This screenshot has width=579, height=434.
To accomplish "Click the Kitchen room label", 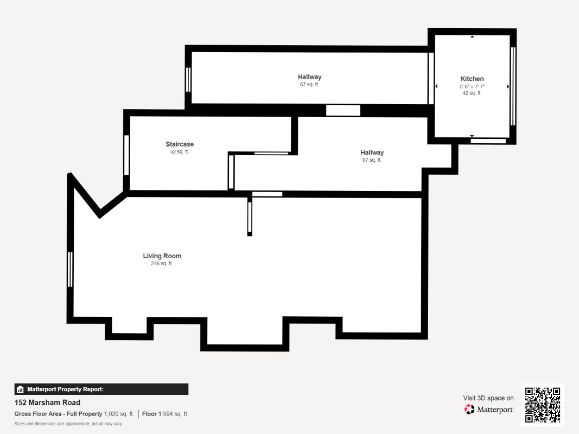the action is tap(472, 79).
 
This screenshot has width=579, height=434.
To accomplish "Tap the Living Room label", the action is tap(162, 256).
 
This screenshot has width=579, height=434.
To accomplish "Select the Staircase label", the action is tap(180, 144).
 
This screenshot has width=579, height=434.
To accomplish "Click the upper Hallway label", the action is tap(309, 76).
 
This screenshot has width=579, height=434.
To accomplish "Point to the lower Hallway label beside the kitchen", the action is tap(372, 152).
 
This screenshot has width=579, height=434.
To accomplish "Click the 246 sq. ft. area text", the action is tap(162, 264).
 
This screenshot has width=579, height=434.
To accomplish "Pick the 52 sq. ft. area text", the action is tap(180, 152).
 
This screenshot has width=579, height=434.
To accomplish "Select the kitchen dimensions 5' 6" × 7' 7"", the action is tap(472, 86).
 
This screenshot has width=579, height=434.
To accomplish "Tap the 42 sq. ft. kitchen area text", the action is tap(472, 93).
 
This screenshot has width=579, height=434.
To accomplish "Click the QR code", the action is tap(543, 405).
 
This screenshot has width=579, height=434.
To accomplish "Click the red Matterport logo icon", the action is tap(469, 409).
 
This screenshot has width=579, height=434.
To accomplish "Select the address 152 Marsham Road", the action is tap(47, 402).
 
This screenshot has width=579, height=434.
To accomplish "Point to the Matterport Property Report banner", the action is tap(101, 389).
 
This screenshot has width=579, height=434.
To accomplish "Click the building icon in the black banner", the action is tap(20, 389).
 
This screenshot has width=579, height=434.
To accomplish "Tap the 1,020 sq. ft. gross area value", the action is tap(119, 414).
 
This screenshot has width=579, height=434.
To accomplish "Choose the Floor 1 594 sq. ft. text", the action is tap(165, 414).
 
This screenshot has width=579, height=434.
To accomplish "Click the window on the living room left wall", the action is tap(70, 270).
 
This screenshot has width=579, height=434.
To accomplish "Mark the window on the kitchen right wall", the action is tap(513, 86).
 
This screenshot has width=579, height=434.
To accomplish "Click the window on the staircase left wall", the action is tap(126, 155).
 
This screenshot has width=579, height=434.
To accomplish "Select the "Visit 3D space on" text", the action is tap(488, 398).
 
